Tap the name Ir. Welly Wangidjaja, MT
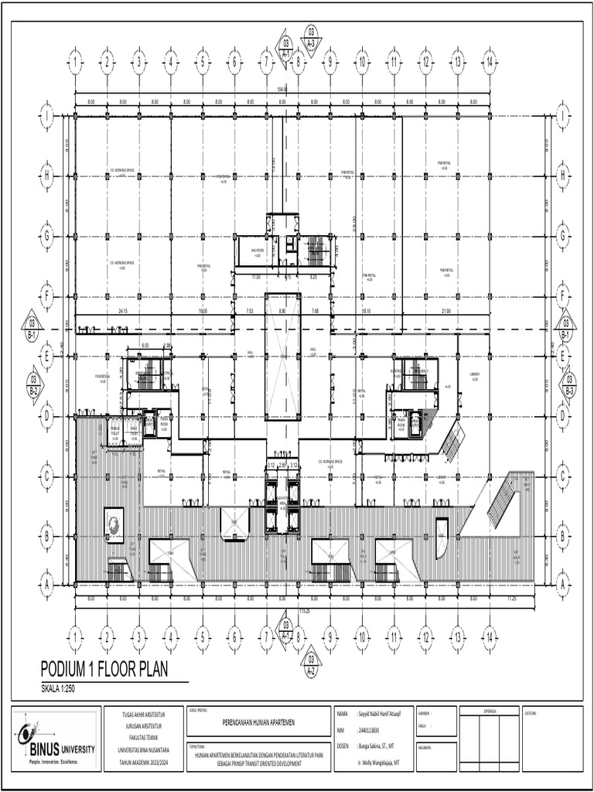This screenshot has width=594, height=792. click(x=379, y=762)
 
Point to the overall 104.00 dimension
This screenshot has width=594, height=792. click(x=282, y=90)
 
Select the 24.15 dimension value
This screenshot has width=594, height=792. click(x=122, y=310)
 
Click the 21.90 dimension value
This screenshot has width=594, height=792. click(x=445, y=310)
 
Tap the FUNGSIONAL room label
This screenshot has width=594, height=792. click(x=103, y=377)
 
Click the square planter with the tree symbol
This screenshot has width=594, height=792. click(x=114, y=523)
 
